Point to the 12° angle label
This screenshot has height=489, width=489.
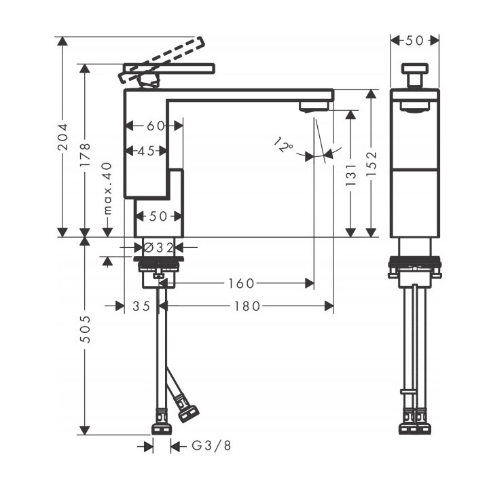pos(284,145)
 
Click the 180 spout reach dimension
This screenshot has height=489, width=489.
pos(247,306)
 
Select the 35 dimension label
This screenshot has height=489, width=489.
pos(141,306)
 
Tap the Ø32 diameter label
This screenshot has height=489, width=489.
pos(159,248)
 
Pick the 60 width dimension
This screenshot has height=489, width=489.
pos(156,126)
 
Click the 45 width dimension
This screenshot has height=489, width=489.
pos(145,151)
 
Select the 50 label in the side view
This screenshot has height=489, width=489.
pos(414,41)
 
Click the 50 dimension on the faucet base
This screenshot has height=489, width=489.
pos(158,217)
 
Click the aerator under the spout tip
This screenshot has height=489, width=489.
pos(313,106)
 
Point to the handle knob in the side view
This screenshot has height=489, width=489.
pos(414,73)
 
